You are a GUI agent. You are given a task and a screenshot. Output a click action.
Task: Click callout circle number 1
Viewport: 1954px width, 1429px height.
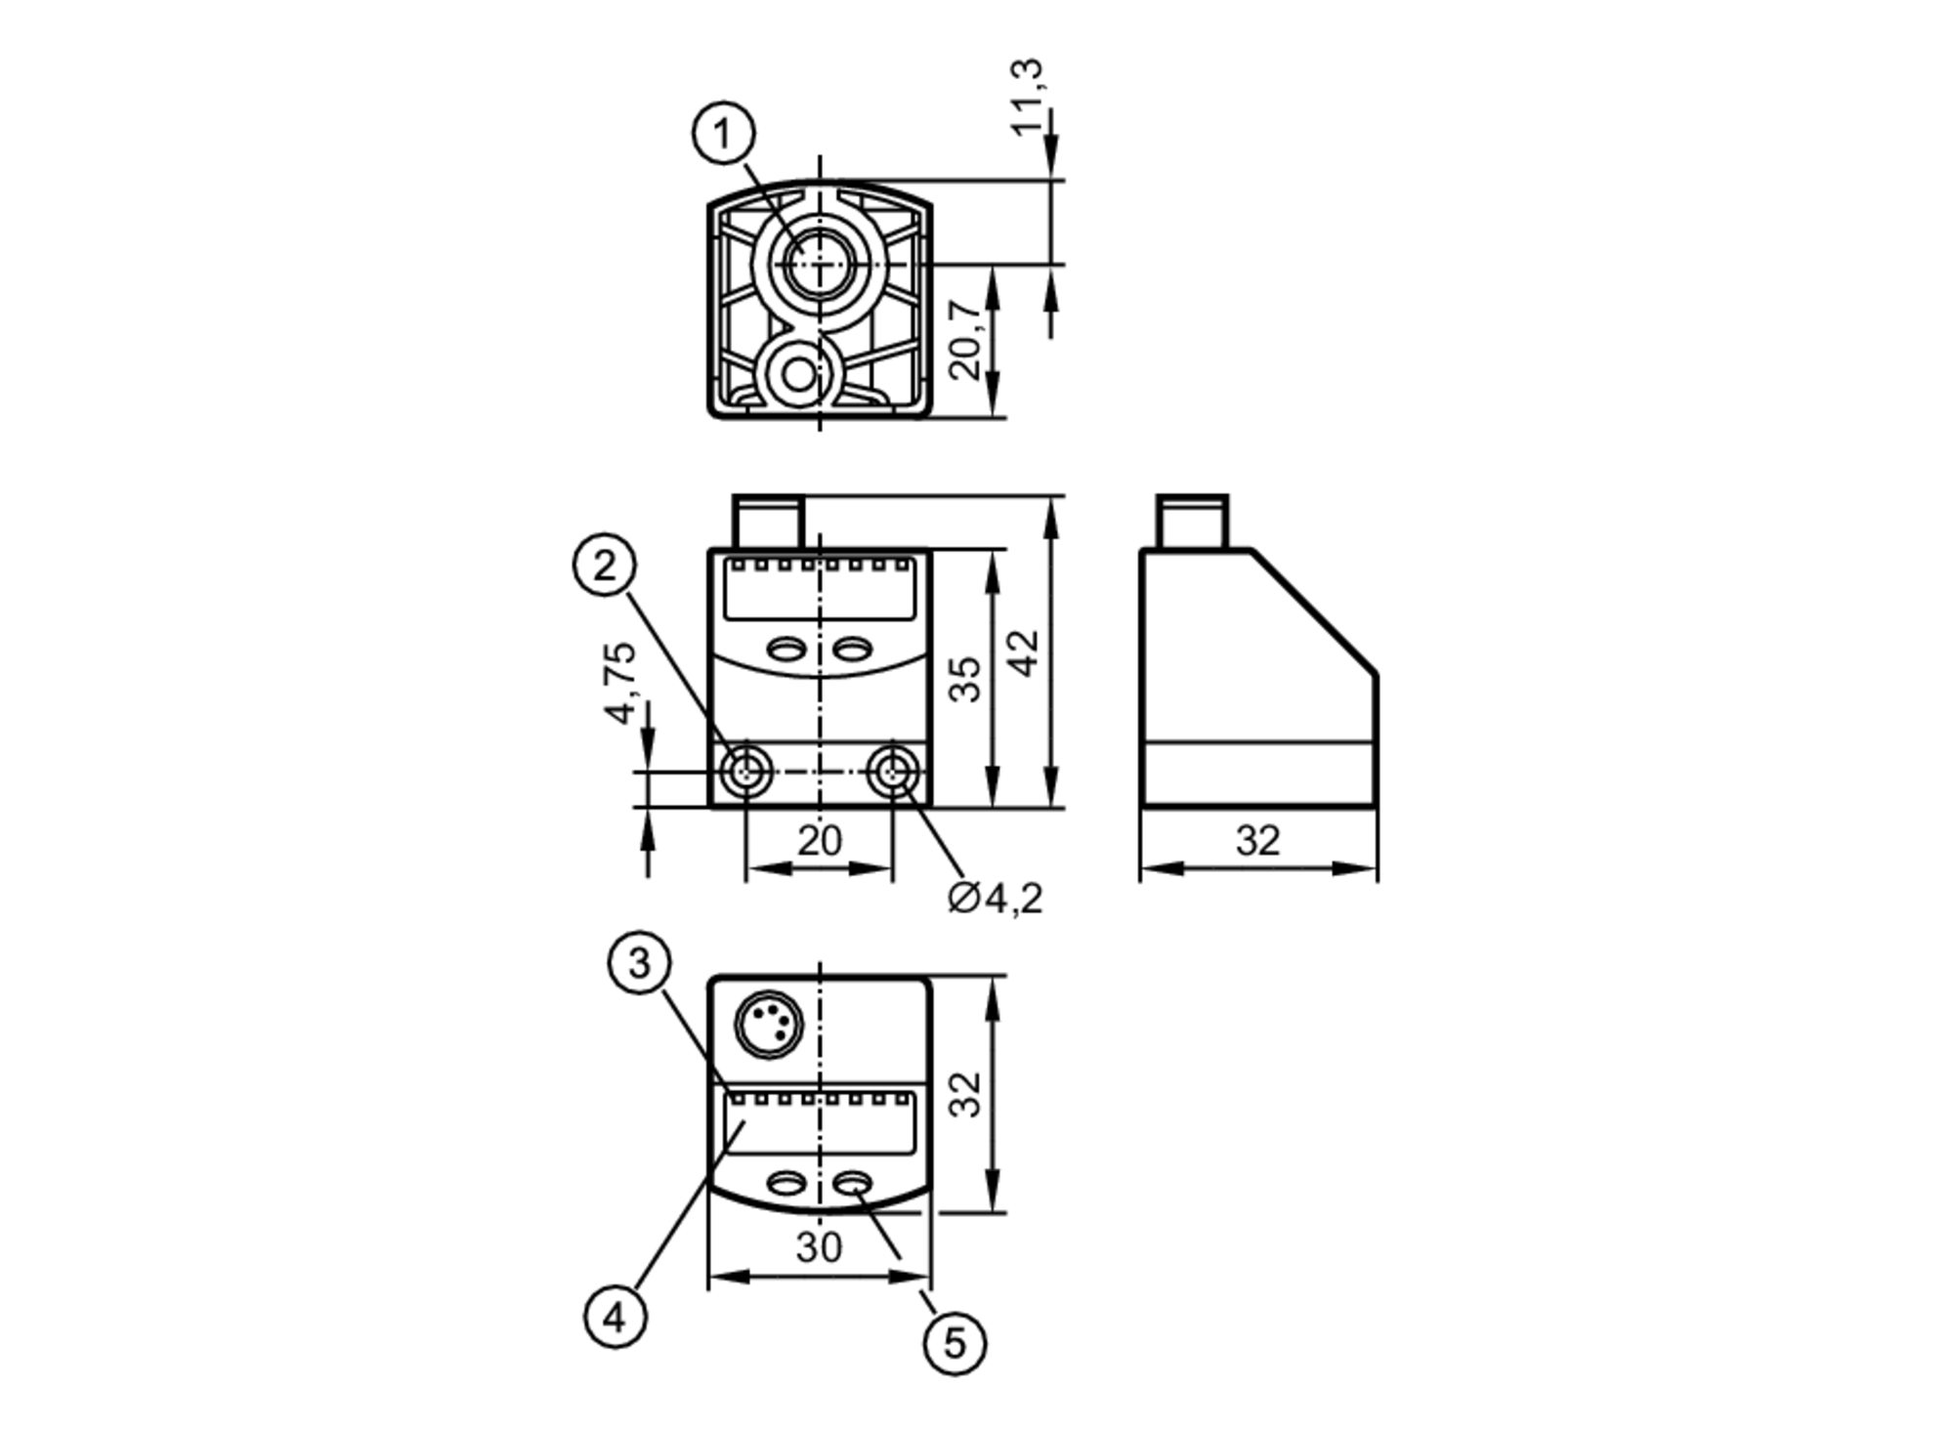point(724,133)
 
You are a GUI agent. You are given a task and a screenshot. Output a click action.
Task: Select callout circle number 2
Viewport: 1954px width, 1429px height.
point(605,565)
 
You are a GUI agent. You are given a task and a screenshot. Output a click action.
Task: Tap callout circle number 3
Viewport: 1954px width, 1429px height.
point(639,963)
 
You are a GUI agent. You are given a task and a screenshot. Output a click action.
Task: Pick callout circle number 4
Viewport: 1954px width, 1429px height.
point(615,1317)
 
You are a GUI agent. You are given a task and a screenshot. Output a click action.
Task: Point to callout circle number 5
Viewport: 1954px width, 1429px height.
point(955,1343)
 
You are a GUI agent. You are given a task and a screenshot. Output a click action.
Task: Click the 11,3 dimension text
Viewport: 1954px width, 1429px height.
point(1026,98)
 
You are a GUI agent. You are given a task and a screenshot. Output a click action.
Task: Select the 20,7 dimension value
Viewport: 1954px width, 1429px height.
point(966,339)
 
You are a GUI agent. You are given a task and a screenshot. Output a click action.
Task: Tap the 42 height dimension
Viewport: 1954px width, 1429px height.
point(1024,652)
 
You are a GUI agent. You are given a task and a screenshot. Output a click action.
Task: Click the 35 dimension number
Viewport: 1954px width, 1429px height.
point(965,679)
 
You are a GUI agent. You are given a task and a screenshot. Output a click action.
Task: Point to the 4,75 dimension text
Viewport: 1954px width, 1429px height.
point(620,683)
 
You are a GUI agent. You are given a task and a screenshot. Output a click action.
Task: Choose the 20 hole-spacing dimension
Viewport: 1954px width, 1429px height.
point(819,840)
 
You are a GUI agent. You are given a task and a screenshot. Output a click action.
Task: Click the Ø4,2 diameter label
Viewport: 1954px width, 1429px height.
point(996,898)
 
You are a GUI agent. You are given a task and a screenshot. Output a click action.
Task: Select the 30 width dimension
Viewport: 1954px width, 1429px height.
point(819,1246)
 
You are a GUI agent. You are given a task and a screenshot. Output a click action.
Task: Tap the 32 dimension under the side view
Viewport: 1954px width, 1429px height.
point(1257,840)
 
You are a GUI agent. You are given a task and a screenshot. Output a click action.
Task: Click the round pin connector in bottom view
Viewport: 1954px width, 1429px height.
point(769,1025)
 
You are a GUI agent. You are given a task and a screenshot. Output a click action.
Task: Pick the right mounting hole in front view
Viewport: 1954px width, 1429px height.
point(892,772)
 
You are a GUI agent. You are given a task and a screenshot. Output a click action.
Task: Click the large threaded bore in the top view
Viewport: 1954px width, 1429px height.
point(819,264)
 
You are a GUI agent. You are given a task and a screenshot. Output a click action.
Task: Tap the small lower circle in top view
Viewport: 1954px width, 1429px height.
point(799,375)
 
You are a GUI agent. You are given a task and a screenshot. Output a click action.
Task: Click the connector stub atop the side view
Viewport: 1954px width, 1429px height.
point(1192,523)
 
